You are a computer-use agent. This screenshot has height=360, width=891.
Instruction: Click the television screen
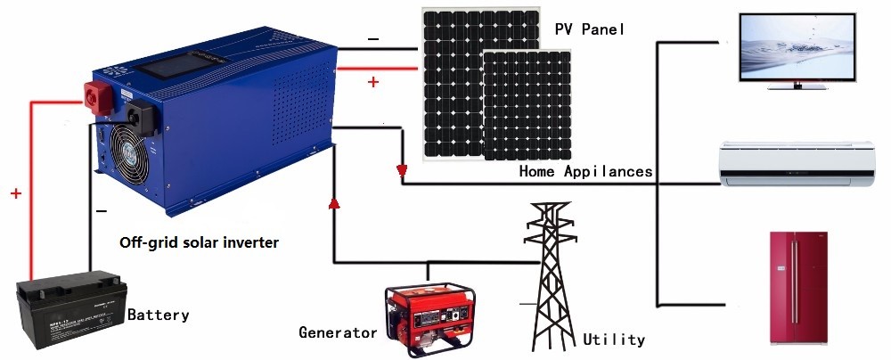tap(797, 48)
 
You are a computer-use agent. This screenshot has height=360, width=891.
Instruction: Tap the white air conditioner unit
tap(797, 164)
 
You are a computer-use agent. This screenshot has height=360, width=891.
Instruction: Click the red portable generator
tap(429, 318)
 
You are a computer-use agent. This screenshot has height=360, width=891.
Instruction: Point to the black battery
tap(71, 309)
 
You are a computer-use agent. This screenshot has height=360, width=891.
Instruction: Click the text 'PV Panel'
tap(590, 29)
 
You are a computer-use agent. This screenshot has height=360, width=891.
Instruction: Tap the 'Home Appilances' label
tap(586, 171)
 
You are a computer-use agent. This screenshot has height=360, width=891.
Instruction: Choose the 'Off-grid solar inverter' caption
tap(199, 243)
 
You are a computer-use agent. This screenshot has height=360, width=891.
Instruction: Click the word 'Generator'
tap(338, 332)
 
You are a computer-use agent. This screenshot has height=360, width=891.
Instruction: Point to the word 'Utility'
tap(614, 340)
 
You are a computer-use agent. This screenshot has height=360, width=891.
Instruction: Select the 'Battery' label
tap(158, 315)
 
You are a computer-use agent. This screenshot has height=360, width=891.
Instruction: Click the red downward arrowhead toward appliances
tap(402, 170)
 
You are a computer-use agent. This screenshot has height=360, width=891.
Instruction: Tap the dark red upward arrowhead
tap(334, 202)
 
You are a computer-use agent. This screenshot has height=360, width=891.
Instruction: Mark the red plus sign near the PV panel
tap(372, 83)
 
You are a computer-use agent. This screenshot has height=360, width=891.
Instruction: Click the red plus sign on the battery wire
tap(16, 194)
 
